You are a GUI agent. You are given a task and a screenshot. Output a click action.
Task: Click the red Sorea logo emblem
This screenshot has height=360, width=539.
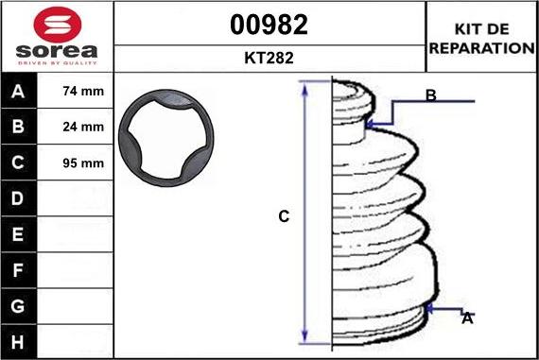(x=58, y=25)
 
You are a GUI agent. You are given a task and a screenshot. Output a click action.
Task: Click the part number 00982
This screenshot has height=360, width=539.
(x=269, y=25)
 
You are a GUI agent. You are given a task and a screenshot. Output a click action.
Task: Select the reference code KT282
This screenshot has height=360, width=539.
(x=269, y=58)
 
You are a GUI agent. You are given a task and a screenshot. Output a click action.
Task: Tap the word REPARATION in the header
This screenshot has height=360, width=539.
(x=482, y=48)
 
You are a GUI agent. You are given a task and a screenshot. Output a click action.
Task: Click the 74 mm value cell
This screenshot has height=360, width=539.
(x=75, y=91)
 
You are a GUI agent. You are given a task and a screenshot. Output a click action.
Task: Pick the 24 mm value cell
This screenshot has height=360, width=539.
(x=75, y=127)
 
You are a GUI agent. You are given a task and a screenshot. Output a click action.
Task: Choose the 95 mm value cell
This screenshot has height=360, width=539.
(x=75, y=163)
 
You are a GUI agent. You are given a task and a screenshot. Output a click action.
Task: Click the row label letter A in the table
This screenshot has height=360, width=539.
(x=18, y=92)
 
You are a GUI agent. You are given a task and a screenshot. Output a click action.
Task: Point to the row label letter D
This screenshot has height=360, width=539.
(x=18, y=198)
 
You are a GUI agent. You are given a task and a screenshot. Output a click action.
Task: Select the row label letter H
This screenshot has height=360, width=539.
(x=18, y=342)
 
